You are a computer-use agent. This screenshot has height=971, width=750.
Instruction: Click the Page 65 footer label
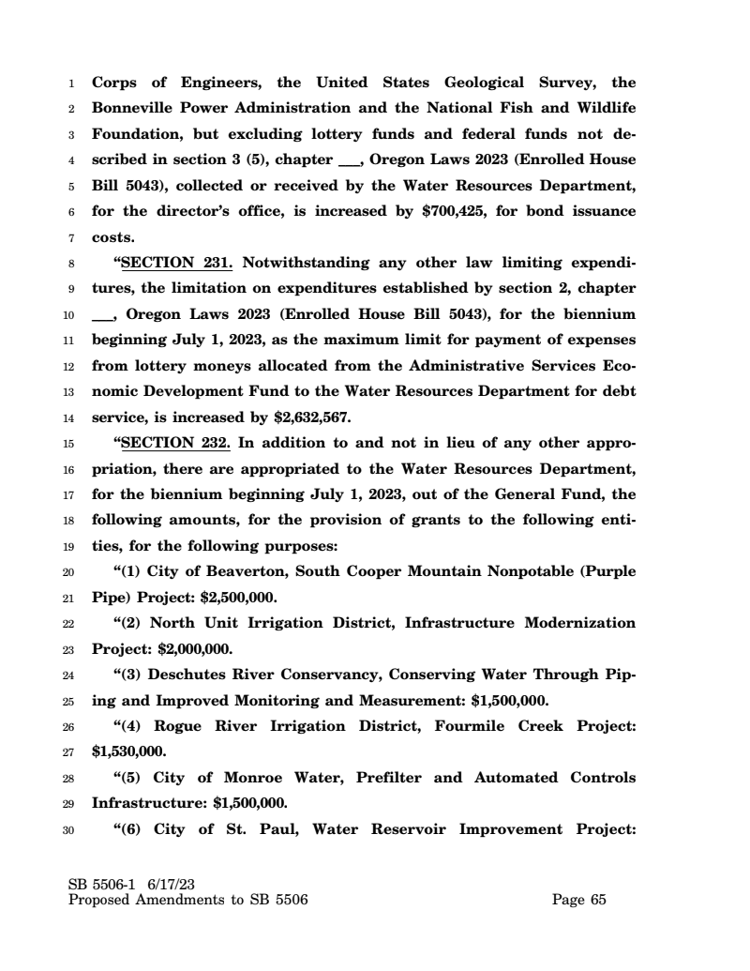(579, 901)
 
